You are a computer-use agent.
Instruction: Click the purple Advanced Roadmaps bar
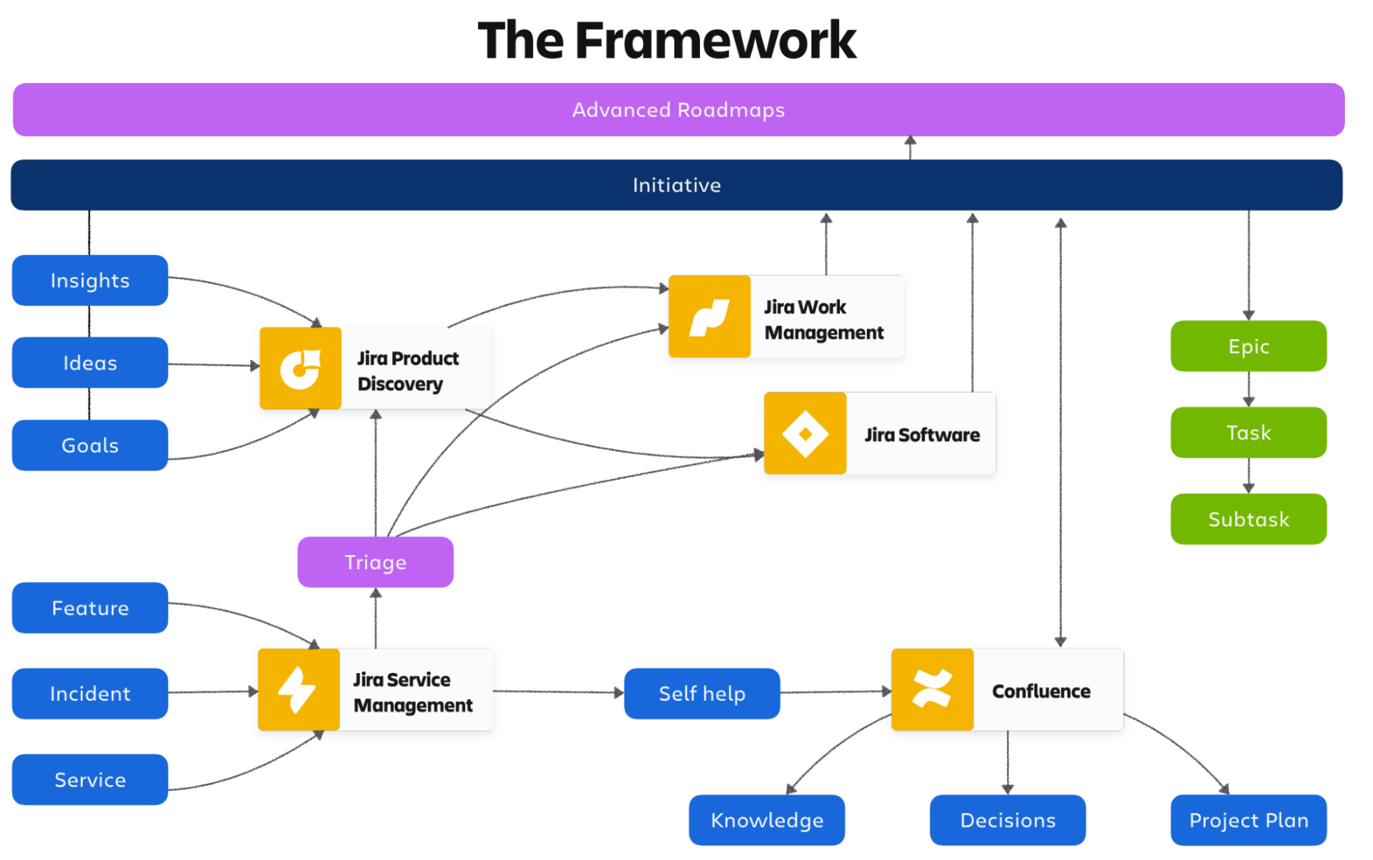679,110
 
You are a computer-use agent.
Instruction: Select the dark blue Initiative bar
677,185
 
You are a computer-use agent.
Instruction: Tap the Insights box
90,280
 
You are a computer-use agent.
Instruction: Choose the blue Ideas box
90,363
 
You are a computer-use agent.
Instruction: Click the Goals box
90,445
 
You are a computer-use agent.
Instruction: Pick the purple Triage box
375,562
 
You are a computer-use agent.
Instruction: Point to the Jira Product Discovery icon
300,369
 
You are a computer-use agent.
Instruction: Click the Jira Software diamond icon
805,433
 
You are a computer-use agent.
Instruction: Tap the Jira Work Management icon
710,317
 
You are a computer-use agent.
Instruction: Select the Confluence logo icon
932,689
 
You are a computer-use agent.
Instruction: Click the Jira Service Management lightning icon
298,689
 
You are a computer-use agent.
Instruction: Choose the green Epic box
1248,346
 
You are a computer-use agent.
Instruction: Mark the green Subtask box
1248,519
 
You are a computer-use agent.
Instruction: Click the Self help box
702,694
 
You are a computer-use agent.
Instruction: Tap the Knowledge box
767,820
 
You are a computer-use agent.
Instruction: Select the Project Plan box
1248,820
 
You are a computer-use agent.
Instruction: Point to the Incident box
90,694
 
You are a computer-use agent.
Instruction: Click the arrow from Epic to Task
1249,389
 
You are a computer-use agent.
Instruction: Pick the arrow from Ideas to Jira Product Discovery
213,365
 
